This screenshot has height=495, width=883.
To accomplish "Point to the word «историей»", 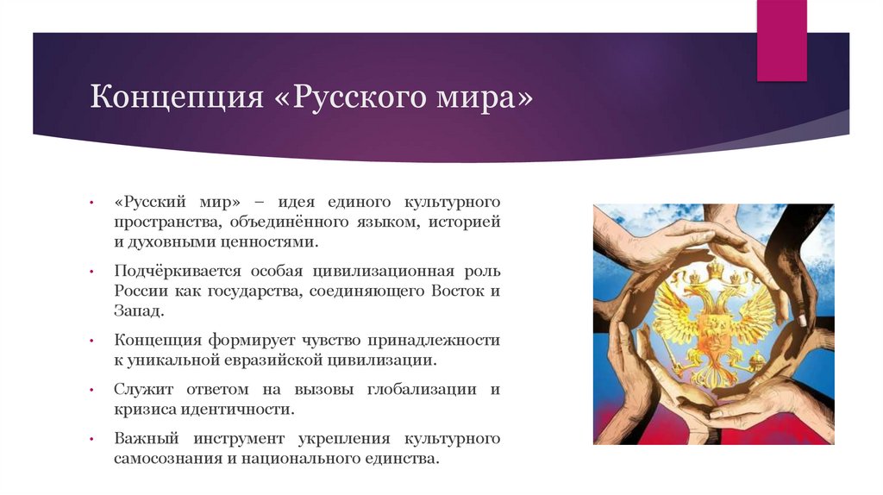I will pos(465,222).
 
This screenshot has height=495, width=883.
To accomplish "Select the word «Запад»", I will pos(135,312).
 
